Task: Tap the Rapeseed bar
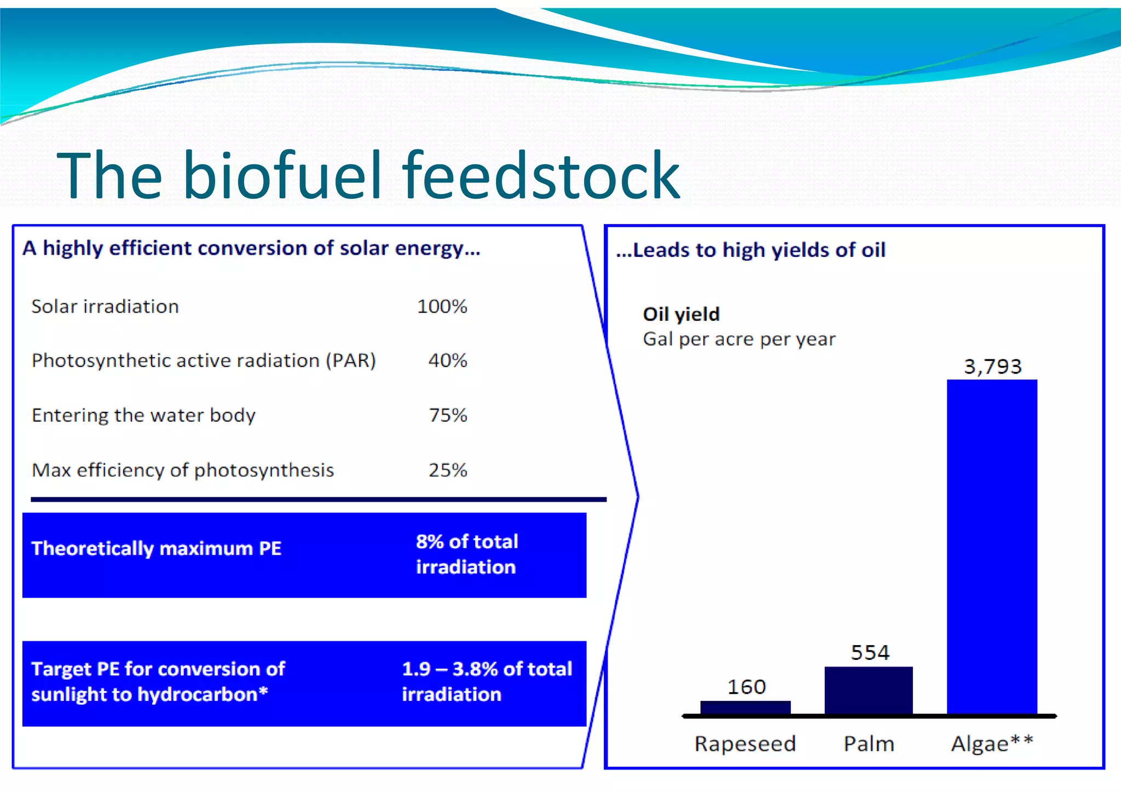pos(746,708)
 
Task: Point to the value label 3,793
pos(992,366)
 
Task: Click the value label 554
pos(870,653)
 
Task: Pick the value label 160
pos(746,687)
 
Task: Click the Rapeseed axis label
pos(745,744)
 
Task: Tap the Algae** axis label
pos(991,744)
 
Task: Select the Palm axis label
pos(869,744)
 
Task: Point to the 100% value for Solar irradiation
pos(442,306)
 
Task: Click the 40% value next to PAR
pos(447,360)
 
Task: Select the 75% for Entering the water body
pos(448,415)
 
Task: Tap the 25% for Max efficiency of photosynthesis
pos(448,470)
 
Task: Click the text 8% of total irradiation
pos(466,554)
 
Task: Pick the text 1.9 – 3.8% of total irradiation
pos(486,681)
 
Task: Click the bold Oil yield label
pos(681,314)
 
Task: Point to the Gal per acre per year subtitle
pos(739,339)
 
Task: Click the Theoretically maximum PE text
pos(157,548)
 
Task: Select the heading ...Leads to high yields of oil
pos(750,250)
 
